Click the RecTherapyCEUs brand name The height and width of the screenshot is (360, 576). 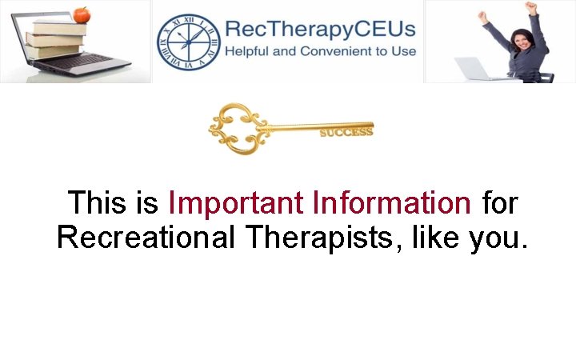[x=320, y=30]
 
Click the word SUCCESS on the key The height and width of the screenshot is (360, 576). [x=346, y=132]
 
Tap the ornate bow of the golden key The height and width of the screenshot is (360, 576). [x=234, y=126]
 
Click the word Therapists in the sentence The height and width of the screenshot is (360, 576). [x=334, y=238]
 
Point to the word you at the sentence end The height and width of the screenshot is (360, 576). [x=498, y=238]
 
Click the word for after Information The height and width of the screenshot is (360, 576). [x=500, y=203]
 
